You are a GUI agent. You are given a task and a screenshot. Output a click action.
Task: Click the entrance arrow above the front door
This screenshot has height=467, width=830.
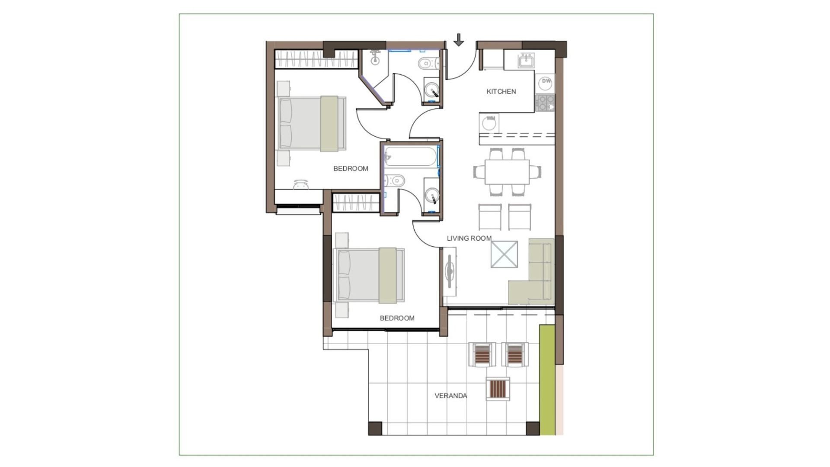(x=459, y=40)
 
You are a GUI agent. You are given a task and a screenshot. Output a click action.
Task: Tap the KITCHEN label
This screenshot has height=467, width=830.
(x=501, y=91)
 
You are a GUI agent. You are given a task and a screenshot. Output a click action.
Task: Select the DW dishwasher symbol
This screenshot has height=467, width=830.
(x=546, y=81)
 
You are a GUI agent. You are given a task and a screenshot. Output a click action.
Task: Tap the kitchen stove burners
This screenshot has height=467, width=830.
(x=545, y=103)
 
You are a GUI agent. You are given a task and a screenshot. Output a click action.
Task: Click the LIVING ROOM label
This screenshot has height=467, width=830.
(x=469, y=238)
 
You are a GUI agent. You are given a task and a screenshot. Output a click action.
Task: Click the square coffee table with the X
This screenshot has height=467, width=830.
(x=504, y=254)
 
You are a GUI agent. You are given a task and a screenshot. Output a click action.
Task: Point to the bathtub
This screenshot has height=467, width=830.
(x=411, y=157)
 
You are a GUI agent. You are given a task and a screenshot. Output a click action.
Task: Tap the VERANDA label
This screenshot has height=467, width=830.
(x=450, y=396)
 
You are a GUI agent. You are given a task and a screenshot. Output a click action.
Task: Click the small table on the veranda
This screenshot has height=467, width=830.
(x=498, y=389)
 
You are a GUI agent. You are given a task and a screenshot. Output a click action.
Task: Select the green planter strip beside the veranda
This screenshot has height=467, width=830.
(x=547, y=380)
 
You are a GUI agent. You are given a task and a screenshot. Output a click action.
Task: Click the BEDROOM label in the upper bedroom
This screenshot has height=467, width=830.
(x=351, y=168)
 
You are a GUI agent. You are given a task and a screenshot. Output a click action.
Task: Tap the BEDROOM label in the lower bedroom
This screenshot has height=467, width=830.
(x=397, y=318)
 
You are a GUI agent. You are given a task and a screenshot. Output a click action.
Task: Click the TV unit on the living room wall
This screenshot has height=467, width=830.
(x=450, y=271)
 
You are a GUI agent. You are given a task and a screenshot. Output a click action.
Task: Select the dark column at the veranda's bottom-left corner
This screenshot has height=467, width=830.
(x=375, y=428)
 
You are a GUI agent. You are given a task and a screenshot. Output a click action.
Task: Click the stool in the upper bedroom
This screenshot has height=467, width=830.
(x=301, y=185)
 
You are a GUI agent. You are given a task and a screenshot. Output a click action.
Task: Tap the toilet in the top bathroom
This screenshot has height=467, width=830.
(x=428, y=64)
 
